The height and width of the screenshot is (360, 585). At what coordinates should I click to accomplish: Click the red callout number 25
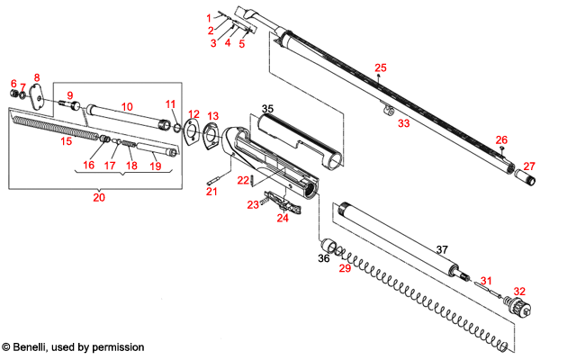[380, 68]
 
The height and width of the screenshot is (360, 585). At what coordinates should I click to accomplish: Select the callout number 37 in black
[442, 249]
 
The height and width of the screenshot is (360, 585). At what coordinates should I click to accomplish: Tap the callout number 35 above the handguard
[267, 108]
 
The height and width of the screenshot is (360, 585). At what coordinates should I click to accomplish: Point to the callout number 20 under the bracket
[99, 197]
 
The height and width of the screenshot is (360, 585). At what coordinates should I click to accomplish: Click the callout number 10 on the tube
[127, 106]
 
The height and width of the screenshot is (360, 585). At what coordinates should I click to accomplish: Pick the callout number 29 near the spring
[342, 269]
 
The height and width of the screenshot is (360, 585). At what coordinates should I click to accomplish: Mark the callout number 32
[518, 291]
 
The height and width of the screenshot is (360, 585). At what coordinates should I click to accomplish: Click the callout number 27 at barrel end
[529, 166]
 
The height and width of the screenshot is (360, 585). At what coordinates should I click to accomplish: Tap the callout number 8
[37, 77]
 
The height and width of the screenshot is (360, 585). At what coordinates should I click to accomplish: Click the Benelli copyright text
[72, 346]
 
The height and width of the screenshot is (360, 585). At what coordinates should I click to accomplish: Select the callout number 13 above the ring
[212, 116]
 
